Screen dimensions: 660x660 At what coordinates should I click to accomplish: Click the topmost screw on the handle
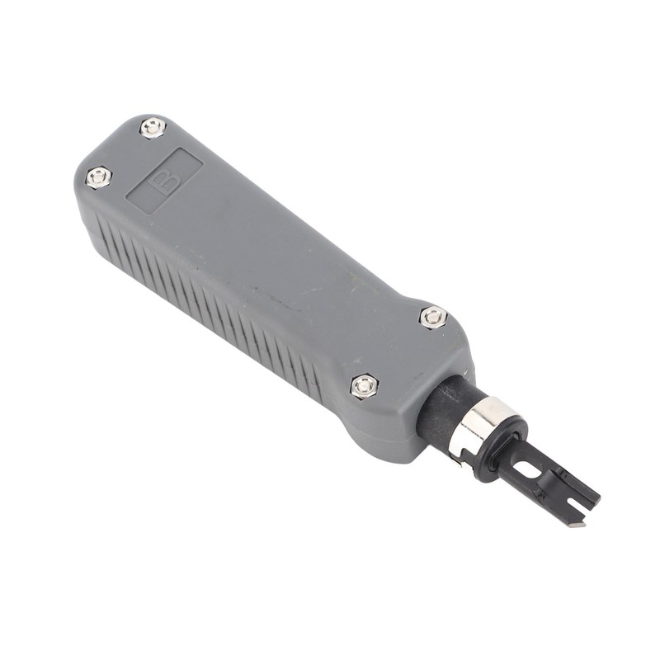click(153, 128)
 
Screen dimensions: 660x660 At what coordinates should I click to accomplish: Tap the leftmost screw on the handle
click(98, 178)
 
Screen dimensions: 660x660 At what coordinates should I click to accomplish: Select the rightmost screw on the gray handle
click(433, 318)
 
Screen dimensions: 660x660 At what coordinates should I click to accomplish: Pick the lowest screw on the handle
click(365, 386)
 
